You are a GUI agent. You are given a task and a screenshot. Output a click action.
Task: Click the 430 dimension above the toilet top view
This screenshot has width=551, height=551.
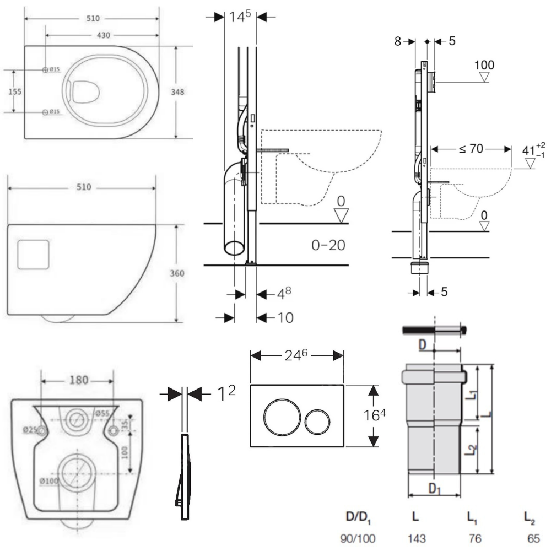(104, 35)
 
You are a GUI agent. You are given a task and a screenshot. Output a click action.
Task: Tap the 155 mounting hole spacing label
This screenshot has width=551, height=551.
(15, 91)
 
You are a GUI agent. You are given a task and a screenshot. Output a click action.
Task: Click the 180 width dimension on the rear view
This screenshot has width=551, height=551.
(78, 381)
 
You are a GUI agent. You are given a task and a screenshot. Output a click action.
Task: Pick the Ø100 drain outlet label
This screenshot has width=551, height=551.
(49, 481)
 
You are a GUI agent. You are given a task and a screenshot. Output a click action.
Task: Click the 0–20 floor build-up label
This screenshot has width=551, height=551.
(328, 245)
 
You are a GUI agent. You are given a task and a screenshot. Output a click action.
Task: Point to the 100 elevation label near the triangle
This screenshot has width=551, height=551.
(484, 65)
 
